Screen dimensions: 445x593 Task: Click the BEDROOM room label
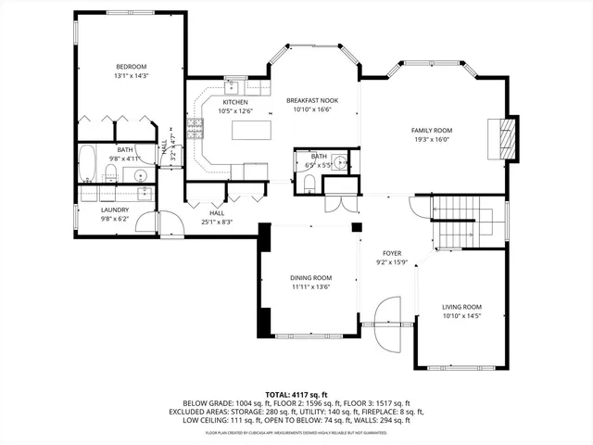coord(131,67)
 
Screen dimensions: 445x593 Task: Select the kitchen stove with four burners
coord(196,130)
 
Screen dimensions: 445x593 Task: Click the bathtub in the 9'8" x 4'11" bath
coord(86,164)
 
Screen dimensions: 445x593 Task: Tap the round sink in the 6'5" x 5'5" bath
coord(341,164)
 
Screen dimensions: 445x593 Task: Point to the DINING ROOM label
coord(310,278)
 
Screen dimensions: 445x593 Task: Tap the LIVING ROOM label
coord(461,307)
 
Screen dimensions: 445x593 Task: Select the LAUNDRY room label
coord(115,210)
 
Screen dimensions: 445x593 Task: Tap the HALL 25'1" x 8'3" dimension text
coord(217,222)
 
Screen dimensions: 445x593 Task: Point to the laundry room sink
coord(144,193)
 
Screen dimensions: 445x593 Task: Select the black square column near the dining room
coord(356,226)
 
